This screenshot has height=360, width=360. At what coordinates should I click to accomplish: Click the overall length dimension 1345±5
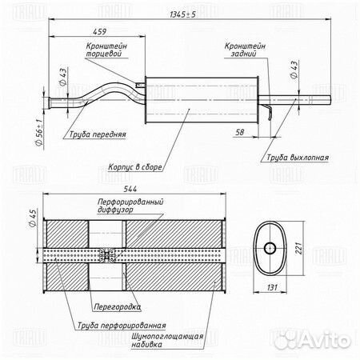pyautogui.click(x=182, y=14)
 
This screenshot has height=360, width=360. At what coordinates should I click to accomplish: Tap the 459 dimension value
pyautogui.click(x=100, y=31)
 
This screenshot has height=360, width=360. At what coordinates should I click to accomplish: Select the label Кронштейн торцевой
pyautogui.click(x=106, y=50)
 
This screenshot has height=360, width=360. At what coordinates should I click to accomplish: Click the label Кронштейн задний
pyautogui.click(x=245, y=50)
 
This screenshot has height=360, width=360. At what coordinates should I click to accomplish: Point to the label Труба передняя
pyautogui.click(x=98, y=134)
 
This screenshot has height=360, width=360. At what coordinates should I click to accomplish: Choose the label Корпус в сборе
pyautogui.click(x=135, y=167)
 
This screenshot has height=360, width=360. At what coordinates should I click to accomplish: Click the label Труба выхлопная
pyautogui.click(x=298, y=158)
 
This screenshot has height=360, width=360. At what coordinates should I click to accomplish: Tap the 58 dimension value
pyautogui.click(x=240, y=132)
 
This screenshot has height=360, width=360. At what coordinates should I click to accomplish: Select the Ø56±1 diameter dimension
pyautogui.click(x=39, y=132)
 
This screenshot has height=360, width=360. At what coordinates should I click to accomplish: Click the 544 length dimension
pyautogui.click(x=130, y=189)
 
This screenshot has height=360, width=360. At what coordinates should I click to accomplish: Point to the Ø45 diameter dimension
pyautogui.click(x=33, y=218)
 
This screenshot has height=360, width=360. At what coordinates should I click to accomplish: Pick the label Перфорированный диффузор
pyautogui.click(x=130, y=206)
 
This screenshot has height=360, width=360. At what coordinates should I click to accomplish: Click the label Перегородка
pyautogui.click(x=117, y=306)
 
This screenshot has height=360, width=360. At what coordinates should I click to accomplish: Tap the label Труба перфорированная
pyautogui.click(x=122, y=326)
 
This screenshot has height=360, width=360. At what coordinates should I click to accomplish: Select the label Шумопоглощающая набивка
pyautogui.click(x=167, y=340)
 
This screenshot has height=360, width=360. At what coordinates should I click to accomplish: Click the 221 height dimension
pyautogui.click(x=299, y=248)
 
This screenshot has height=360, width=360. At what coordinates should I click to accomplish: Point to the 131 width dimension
pyautogui.click(x=272, y=287)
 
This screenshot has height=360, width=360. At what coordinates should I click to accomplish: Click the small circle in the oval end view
pyautogui.click(x=270, y=248)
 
